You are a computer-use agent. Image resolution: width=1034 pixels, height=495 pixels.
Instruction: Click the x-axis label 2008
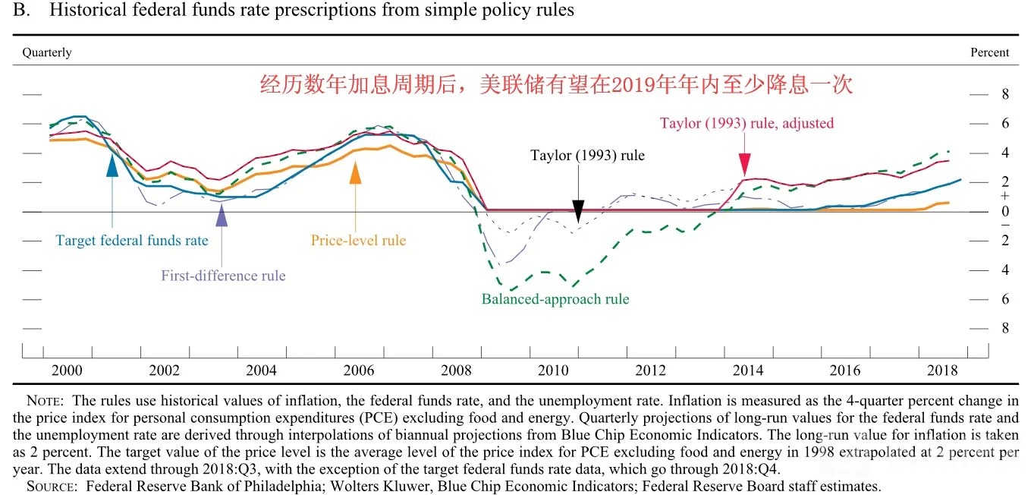(x=456, y=370)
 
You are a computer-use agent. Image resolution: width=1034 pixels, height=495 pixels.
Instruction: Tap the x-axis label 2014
(x=748, y=370)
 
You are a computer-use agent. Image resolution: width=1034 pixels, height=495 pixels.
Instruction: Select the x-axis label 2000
(x=67, y=370)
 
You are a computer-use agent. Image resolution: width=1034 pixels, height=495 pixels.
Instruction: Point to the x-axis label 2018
(x=942, y=370)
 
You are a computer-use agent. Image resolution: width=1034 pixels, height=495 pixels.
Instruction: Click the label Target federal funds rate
(x=132, y=240)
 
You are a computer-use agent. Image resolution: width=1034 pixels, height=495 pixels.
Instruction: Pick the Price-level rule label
(x=358, y=240)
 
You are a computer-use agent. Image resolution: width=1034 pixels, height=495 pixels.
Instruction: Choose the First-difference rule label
(x=224, y=276)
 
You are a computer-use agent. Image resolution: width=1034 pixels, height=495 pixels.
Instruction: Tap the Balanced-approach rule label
(x=555, y=299)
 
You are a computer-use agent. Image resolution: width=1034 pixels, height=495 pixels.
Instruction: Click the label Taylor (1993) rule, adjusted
(x=747, y=123)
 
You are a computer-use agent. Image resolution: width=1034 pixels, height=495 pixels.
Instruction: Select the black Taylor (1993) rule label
(x=587, y=155)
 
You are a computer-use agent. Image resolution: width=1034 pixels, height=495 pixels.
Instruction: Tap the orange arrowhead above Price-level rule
(x=356, y=172)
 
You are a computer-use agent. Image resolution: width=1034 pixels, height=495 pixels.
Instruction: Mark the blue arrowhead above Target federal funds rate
(x=112, y=166)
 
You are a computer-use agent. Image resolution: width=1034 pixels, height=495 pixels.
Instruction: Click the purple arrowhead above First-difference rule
(x=222, y=215)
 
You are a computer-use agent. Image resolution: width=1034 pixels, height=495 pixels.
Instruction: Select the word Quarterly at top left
(x=47, y=52)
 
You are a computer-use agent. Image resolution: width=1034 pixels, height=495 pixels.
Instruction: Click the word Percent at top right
(x=990, y=52)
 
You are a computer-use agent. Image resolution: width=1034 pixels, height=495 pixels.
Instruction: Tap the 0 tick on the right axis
(x=1005, y=212)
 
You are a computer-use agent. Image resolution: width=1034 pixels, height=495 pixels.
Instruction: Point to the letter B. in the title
(x=22, y=10)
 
